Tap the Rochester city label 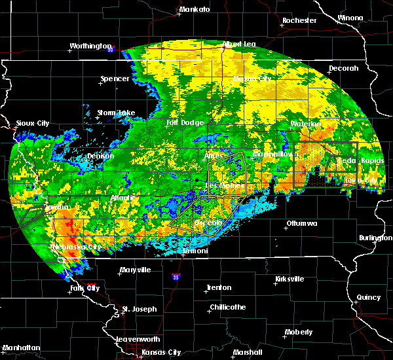coord(299,20)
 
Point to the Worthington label coord(90,46)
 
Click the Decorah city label coord(344,68)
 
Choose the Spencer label coord(115,79)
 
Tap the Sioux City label coord(33,122)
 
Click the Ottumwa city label coord(301,224)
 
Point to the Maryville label coord(135,270)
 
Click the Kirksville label coord(290,279)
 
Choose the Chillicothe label coord(227,307)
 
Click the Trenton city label coord(218,287)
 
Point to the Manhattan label coord(22,347)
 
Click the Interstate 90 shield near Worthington coord(111,49)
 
